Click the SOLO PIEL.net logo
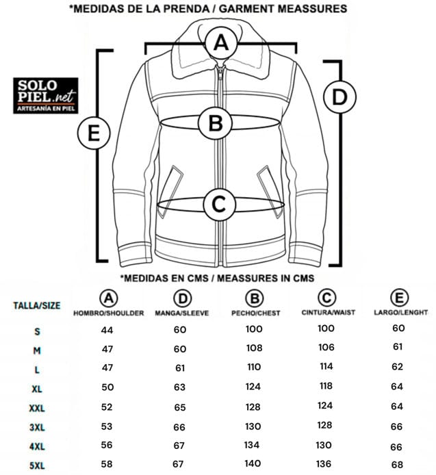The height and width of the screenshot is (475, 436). pos(46,95)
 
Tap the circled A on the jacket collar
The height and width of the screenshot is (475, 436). pos(221,42)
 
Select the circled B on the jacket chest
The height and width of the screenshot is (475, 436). pos(216,123)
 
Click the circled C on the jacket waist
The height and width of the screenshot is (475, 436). pos(219,204)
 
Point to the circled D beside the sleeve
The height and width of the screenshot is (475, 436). pos(339,97)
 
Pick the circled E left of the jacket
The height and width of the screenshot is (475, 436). pos(94,133)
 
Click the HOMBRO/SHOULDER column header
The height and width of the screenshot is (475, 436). pos(108,313)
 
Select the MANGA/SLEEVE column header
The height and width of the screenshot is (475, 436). pos(182,313)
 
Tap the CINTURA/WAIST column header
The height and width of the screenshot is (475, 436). pos(328,312)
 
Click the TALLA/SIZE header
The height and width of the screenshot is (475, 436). pos(37,305)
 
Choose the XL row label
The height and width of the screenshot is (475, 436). pos(37,389)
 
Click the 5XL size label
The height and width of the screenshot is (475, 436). pos(37,465)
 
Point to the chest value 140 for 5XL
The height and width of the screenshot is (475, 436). pos(253,463)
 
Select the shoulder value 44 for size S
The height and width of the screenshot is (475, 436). pos(107,330)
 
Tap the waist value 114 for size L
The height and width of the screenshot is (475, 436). pos(326,366)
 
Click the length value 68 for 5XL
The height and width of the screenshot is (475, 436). pos(397,465)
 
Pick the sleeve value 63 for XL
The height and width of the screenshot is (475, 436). pos(179,387)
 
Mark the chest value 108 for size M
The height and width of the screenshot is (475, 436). pos(254,348)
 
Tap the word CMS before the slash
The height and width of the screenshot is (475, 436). pos(198,278)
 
